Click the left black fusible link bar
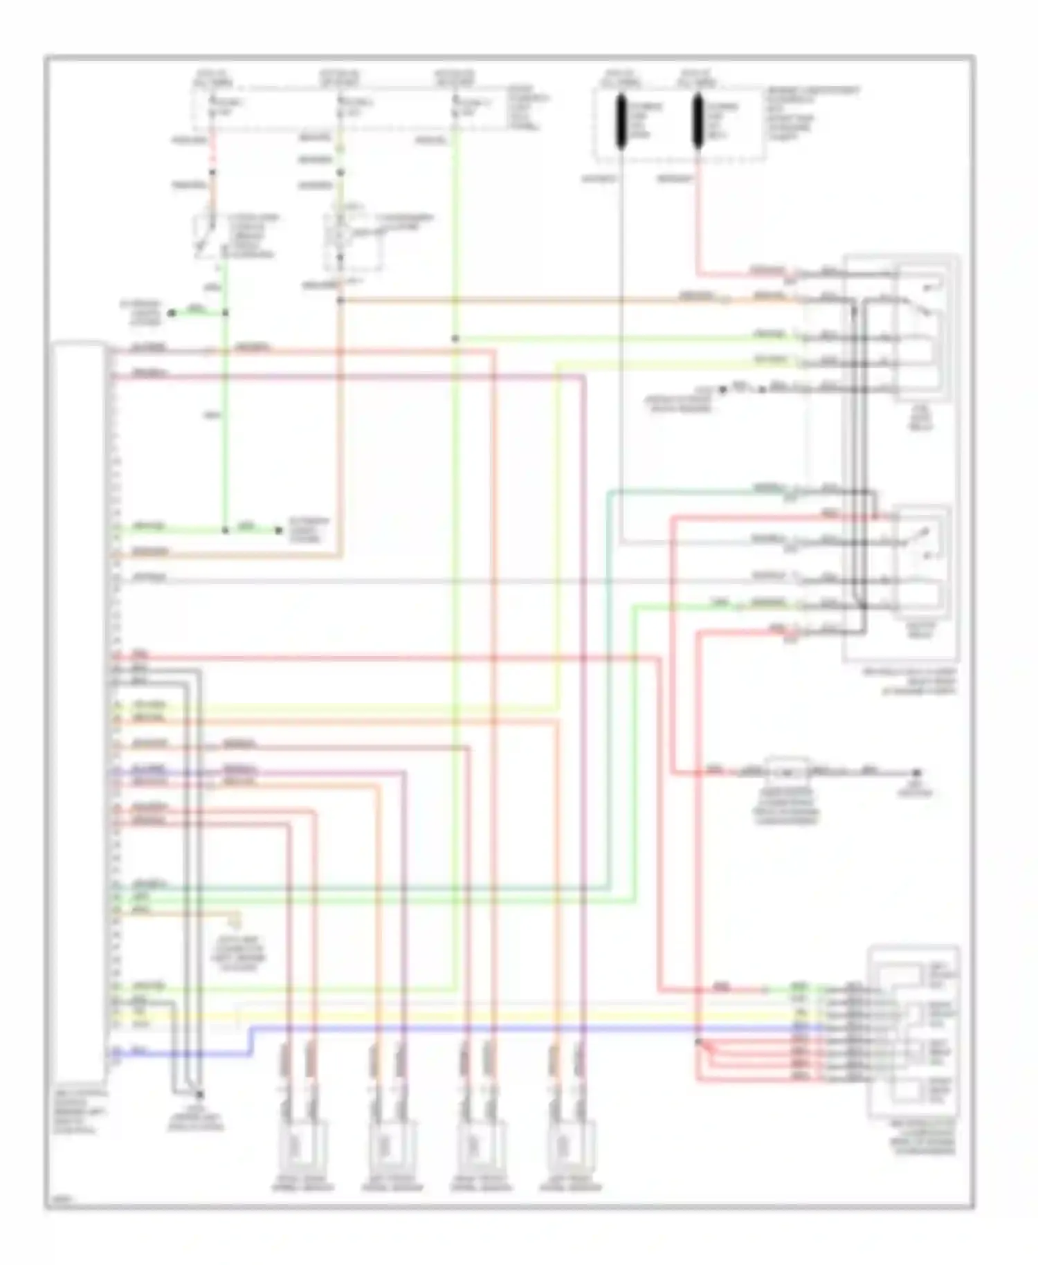tap(621, 122)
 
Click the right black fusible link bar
tap(698, 122)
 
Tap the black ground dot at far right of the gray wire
tap(916, 772)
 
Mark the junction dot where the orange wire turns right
tap(340, 300)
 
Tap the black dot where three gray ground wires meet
tap(200, 1095)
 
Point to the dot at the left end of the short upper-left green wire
tap(172, 313)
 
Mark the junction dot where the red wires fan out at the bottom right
tap(698, 1041)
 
